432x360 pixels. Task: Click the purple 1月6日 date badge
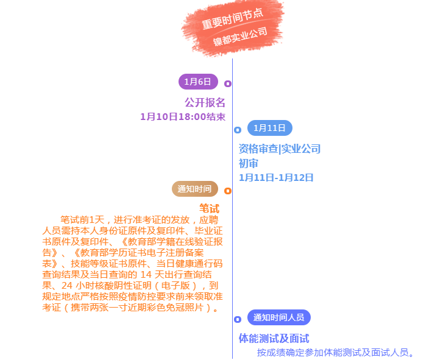pos(198,82)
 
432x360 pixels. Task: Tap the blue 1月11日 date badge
pos(270,128)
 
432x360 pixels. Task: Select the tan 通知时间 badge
pos(195,189)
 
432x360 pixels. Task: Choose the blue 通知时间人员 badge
pos(279,317)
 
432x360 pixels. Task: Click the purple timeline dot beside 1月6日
pos(228,83)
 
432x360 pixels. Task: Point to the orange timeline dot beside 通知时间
pos(228,191)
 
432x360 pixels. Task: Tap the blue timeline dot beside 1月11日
pos(238,130)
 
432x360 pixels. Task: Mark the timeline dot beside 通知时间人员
pos(238,319)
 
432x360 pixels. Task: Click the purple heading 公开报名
pos(205,102)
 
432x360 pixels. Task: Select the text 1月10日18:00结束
pos(183,117)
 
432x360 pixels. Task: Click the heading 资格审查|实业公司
pos(280,149)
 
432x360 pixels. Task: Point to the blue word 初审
pos(249,163)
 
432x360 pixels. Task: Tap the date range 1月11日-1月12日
pos(276,178)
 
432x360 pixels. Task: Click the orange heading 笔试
pos(210,208)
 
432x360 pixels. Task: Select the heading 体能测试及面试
pos(274,339)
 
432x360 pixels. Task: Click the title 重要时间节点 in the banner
pos(233,18)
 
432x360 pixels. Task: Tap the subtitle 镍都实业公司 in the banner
pos(240,37)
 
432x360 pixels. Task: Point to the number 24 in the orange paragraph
pos(67,285)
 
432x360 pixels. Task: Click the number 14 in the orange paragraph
pos(146,274)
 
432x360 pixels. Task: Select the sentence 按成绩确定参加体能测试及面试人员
pos(333,352)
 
